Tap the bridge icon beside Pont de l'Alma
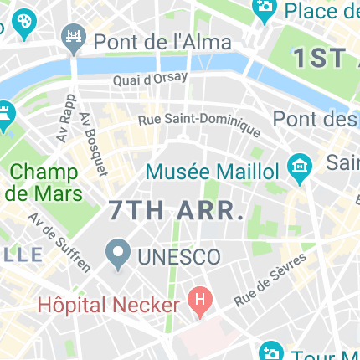point(73,38)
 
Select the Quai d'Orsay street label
point(151,81)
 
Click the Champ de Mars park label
point(44,183)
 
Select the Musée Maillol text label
point(213,172)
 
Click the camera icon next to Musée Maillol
point(298,169)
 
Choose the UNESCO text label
point(179,256)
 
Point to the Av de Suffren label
point(59,241)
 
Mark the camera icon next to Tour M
point(270,352)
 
